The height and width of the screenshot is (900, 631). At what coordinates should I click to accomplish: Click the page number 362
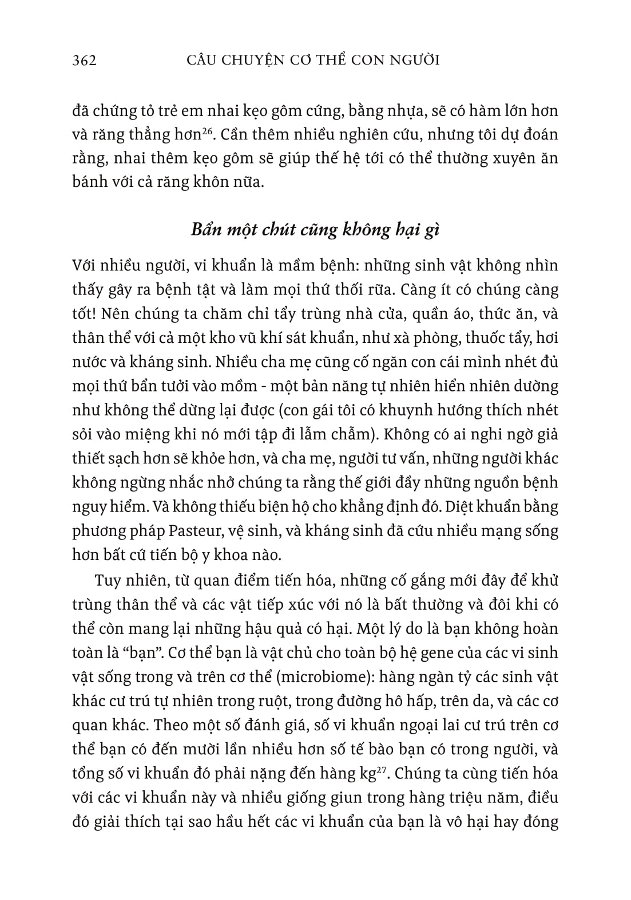click(x=85, y=60)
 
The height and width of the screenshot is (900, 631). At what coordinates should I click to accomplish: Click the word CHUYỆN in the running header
click(x=254, y=60)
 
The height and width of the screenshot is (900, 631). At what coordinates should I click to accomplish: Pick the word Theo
click(x=172, y=725)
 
